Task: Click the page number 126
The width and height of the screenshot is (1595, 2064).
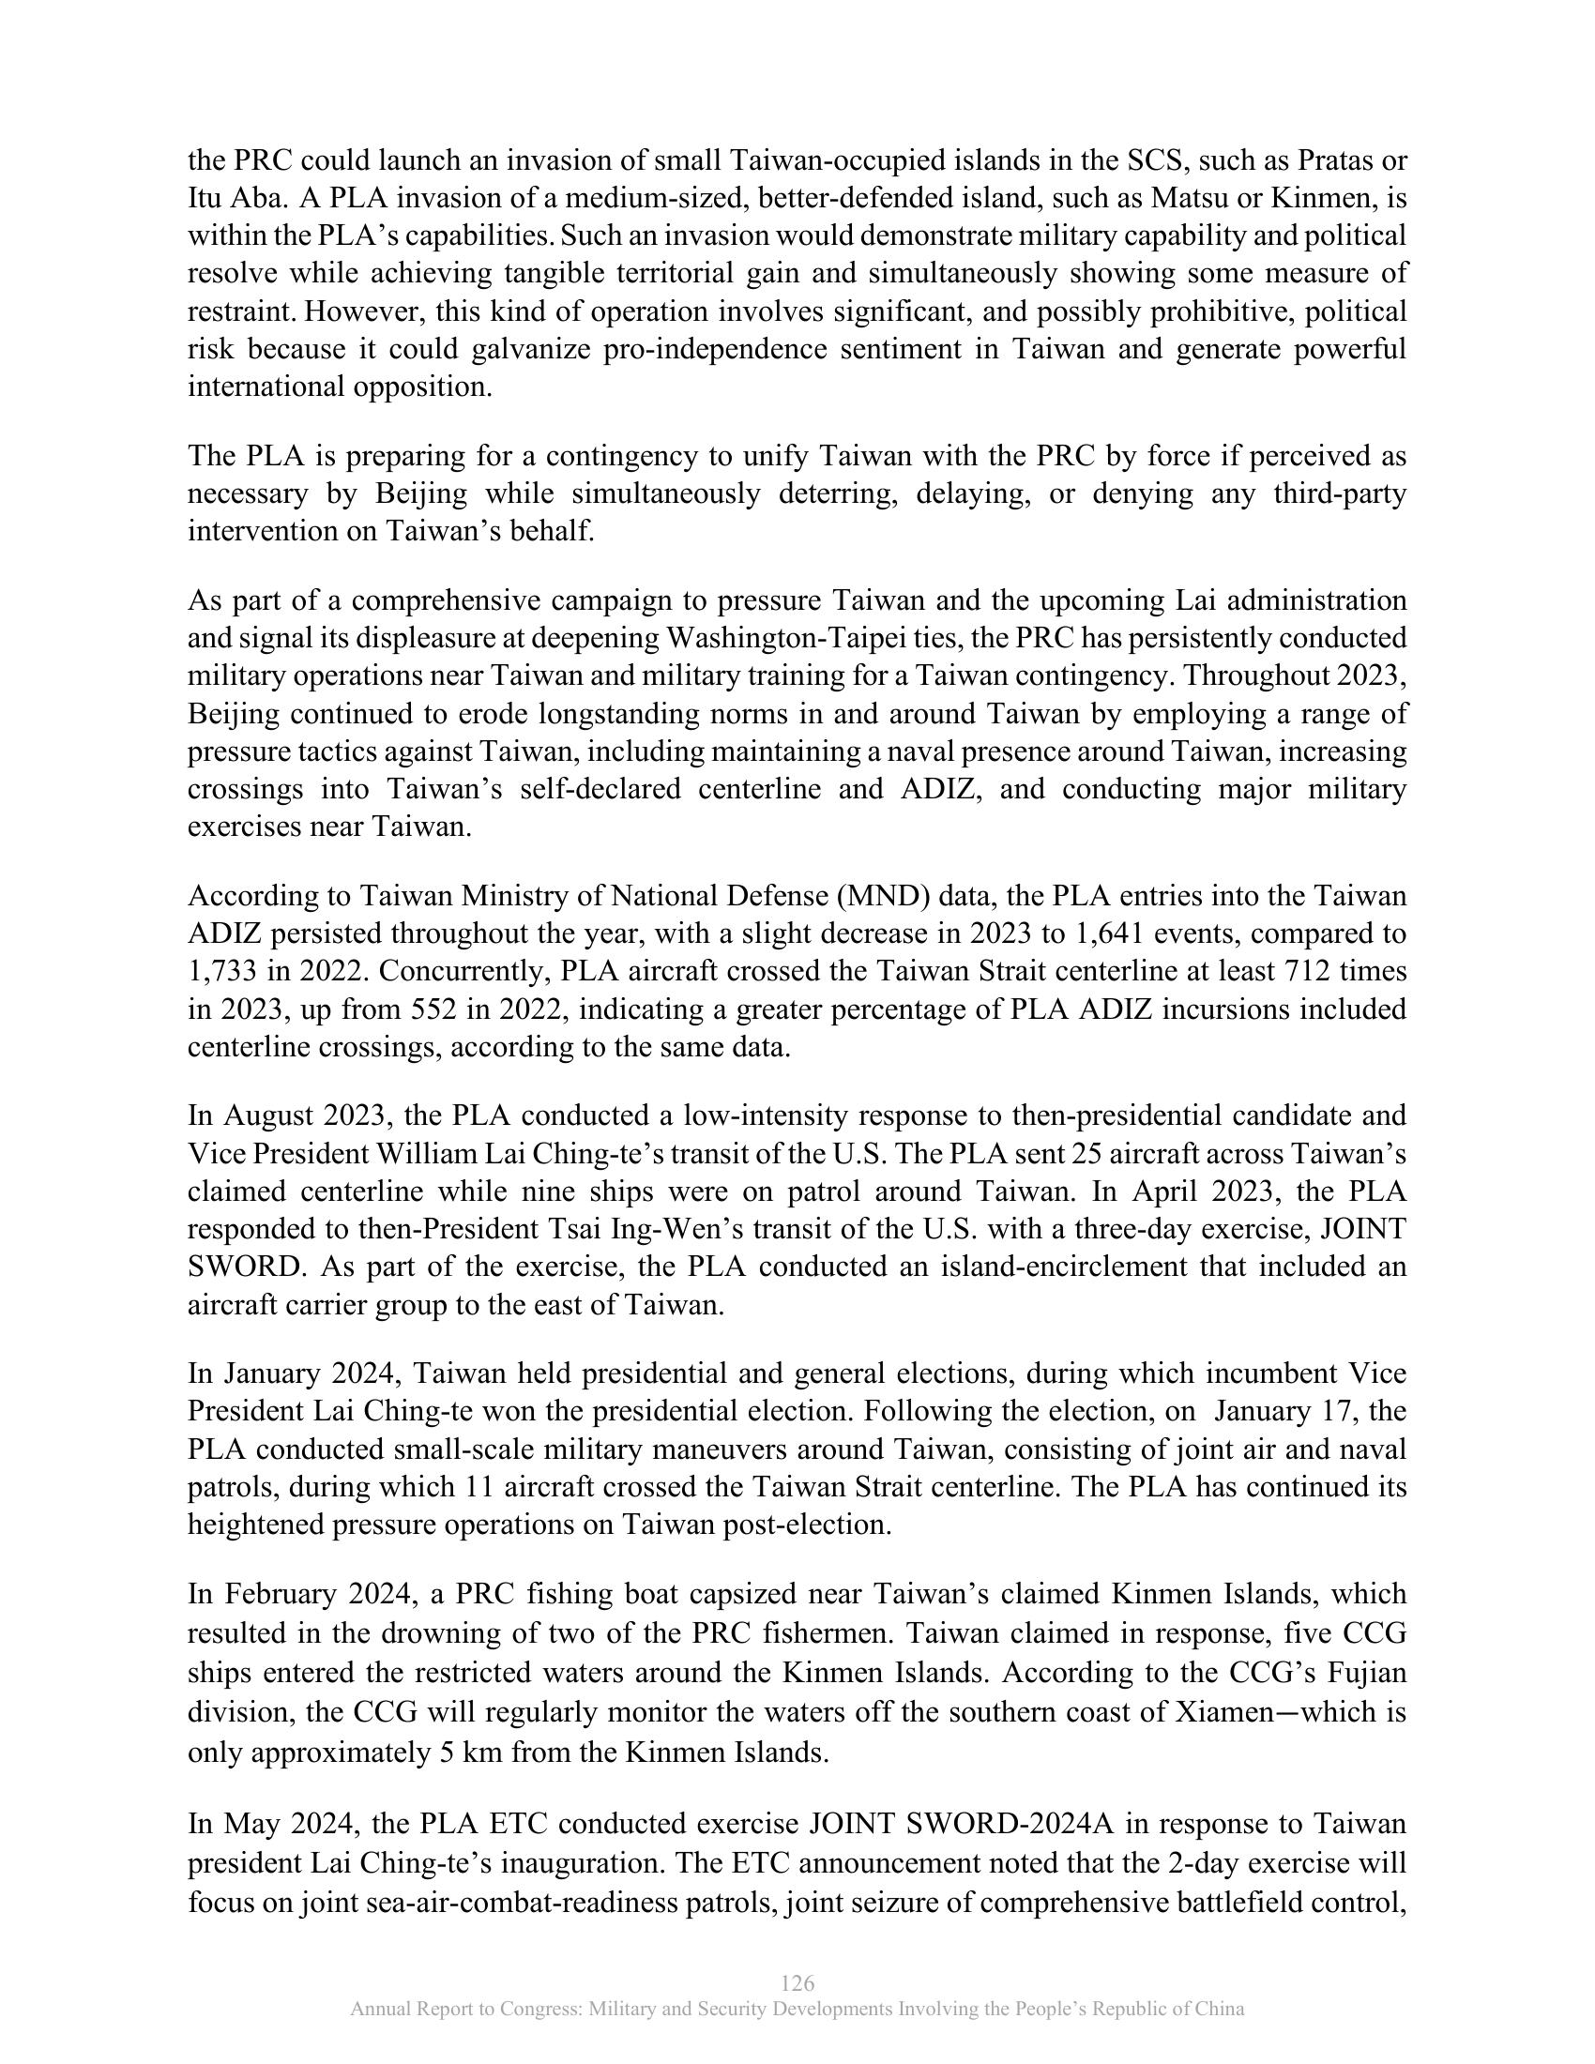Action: click(797, 1982)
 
